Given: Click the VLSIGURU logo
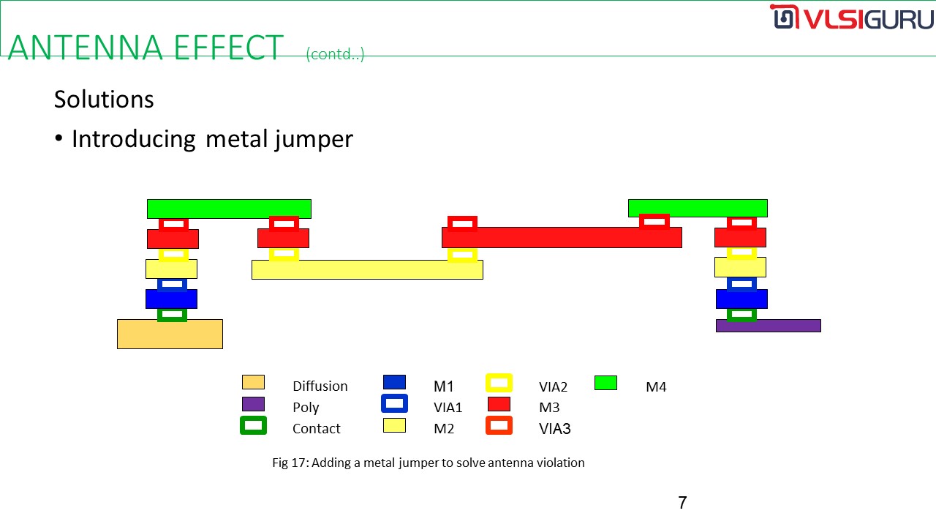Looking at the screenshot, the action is tap(851, 17).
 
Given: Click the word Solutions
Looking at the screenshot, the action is tap(104, 100).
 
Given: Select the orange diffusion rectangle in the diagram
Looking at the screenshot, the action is tap(170, 334).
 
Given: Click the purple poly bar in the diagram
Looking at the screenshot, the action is tap(769, 326).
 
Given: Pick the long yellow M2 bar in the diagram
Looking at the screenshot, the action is tap(367, 270).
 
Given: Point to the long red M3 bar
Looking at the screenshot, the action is tap(562, 238).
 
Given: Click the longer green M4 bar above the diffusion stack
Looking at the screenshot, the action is tap(229, 209).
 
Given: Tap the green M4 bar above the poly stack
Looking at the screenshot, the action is tap(698, 209).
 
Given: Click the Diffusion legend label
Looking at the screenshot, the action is tap(320, 386).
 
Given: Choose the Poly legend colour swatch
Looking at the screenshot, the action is tap(253, 404).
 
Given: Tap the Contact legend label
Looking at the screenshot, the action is tap(317, 429).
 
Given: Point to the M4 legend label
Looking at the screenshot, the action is tap(656, 387).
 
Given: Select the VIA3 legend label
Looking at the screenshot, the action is tap(554, 429).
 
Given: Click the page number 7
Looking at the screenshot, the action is tap(682, 503).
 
